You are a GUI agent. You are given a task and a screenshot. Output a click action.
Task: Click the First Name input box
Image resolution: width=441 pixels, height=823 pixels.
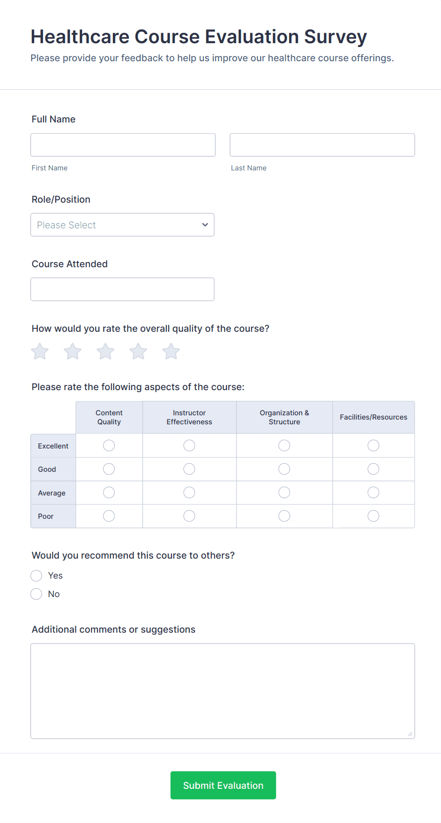tap(123, 145)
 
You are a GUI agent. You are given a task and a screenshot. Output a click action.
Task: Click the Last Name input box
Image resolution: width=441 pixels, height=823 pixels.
tap(322, 145)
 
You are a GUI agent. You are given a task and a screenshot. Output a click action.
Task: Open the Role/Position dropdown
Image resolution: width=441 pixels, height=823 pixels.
tap(122, 224)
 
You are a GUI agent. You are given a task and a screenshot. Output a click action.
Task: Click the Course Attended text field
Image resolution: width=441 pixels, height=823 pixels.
tap(122, 289)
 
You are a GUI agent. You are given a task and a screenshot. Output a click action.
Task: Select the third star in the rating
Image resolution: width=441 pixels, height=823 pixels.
tap(105, 352)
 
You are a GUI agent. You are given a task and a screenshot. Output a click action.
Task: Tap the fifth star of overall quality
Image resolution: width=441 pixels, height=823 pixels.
tap(171, 352)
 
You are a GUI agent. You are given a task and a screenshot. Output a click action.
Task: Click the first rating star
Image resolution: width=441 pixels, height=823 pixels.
tap(40, 352)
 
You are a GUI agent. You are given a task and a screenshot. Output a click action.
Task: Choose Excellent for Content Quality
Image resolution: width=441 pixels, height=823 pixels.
tap(109, 445)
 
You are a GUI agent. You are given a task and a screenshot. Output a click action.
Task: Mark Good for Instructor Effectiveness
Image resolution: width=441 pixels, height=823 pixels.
tap(189, 469)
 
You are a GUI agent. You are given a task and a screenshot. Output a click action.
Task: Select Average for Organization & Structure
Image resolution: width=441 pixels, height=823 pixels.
tap(284, 493)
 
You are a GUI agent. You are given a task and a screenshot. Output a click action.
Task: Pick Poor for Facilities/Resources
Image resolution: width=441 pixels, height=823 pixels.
tap(373, 516)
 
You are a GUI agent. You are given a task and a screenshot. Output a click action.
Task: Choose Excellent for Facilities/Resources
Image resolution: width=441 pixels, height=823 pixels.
tap(373, 445)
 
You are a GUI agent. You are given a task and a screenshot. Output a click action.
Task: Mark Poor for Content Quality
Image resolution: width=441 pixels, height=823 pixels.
tap(109, 516)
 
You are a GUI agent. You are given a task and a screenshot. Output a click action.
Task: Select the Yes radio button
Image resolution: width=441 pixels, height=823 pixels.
tap(37, 576)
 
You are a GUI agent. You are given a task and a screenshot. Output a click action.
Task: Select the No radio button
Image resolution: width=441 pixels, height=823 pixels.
tap(37, 594)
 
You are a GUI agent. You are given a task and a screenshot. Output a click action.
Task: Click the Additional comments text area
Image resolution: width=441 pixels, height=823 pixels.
tap(222, 691)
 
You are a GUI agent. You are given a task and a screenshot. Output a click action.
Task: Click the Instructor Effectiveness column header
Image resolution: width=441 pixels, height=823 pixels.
tap(189, 417)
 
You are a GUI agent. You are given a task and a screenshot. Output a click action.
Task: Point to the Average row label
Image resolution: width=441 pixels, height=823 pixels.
tap(52, 493)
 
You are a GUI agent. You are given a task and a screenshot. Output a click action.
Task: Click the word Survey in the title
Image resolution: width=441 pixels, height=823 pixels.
tap(335, 37)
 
